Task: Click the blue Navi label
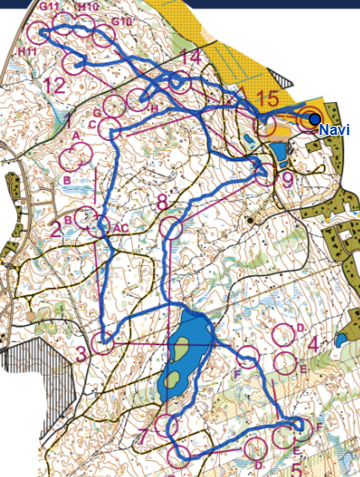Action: pyautogui.click(x=334, y=131)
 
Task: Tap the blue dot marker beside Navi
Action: pyautogui.click(x=314, y=119)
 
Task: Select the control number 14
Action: pyautogui.click(x=191, y=58)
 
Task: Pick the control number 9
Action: pyautogui.click(x=287, y=178)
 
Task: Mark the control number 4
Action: pyautogui.click(x=314, y=344)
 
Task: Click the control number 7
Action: pyautogui.click(x=144, y=436)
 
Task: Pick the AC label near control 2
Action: pyautogui.click(x=120, y=228)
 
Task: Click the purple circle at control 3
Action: pyautogui.click(x=104, y=343)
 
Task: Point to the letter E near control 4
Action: pyautogui.click(x=302, y=369)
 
